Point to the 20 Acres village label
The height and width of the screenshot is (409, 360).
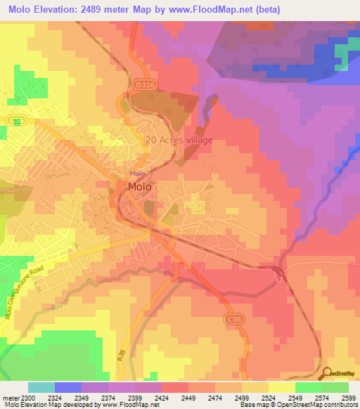click(x=179, y=140)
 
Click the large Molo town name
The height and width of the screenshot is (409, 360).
click(x=139, y=187)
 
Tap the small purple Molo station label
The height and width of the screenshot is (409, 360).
click(x=137, y=174)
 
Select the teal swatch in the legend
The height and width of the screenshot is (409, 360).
click(x=41, y=387)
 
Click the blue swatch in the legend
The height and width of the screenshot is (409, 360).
click(x=68, y=387)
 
